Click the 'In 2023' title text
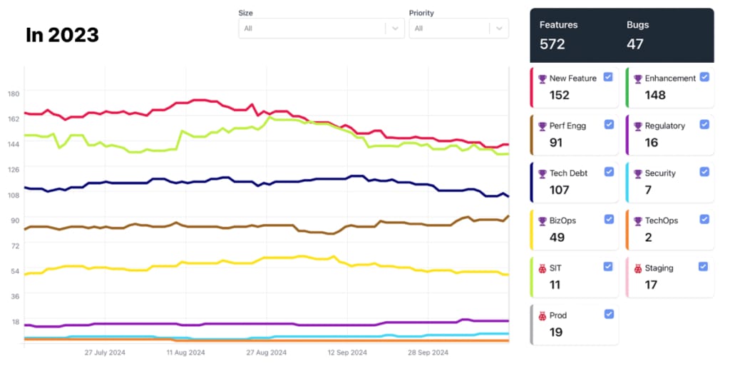point(62,35)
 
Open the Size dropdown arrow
point(395,29)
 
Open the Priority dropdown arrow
point(498,29)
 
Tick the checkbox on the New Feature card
point(608,77)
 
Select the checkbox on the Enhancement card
point(704,77)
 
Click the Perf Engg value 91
point(556,143)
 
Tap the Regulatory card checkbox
point(704,124)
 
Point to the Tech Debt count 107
point(560,190)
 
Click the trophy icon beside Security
point(638,173)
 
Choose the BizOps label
point(562,220)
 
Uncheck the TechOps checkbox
point(704,219)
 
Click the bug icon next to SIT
point(543,268)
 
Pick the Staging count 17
point(650,285)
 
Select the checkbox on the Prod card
point(608,314)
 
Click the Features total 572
point(552,44)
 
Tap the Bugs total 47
point(635,44)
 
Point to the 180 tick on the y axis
point(14,93)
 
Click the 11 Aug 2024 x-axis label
point(185,352)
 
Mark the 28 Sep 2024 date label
point(428,352)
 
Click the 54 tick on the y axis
point(14,270)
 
